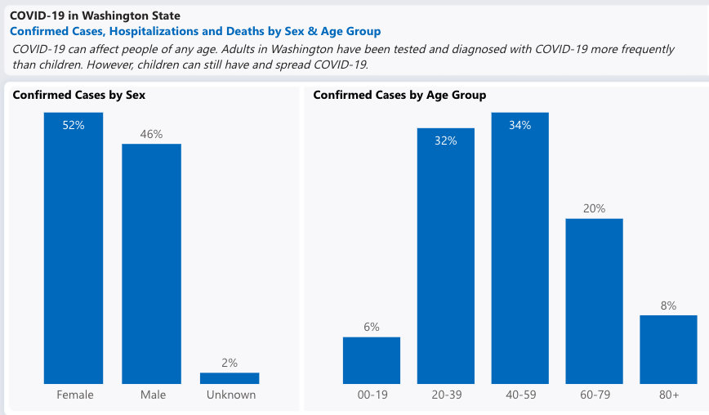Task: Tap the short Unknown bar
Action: [x=230, y=378]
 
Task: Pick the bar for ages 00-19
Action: [x=372, y=360]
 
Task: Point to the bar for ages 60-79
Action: [x=594, y=302]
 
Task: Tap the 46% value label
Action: [x=151, y=134]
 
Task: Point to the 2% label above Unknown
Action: [x=230, y=363]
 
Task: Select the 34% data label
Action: [x=519, y=125]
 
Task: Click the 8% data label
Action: [x=668, y=306]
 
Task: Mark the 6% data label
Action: [x=372, y=327]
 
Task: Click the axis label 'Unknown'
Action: [x=231, y=395]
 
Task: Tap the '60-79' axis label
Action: [x=594, y=395]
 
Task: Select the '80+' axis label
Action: [x=669, y=395]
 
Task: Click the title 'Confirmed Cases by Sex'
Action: [x=79, y=95]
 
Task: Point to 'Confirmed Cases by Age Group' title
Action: [x=399, y=95]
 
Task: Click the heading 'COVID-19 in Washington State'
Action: [x=95, y=16]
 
